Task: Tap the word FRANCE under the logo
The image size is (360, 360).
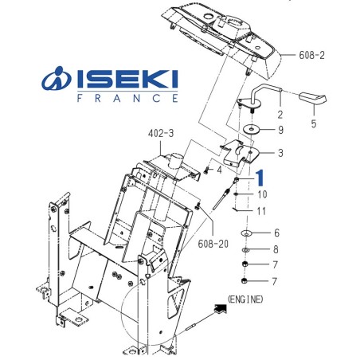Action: tap(127, 100)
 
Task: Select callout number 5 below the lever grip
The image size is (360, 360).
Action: tap(313, 123)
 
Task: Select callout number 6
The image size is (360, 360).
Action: tap(276, 233)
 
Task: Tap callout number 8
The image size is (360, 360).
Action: tap(276, 249)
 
